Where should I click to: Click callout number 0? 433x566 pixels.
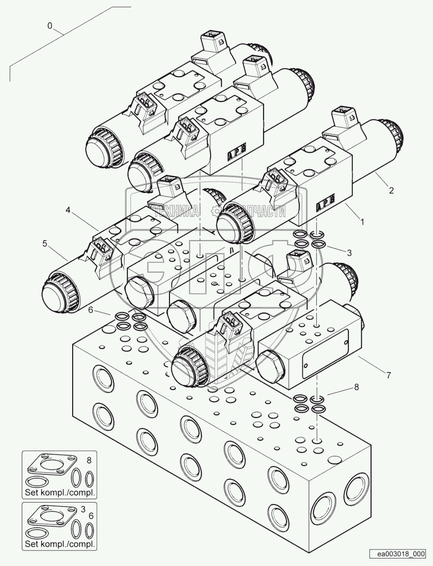tap(50, 26)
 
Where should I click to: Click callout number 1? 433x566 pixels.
tap(362, 221)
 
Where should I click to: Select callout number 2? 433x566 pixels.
tap(391, 191)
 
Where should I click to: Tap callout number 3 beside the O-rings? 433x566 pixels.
tap(348, 253)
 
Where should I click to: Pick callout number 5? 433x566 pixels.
tap(44, 244)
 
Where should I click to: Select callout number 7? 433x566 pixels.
tap(388, 375)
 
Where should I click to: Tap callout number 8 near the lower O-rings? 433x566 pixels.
tap(356, 387)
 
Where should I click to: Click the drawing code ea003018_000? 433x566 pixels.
tap(399, 554)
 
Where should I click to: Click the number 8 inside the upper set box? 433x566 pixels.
tap(90, 459)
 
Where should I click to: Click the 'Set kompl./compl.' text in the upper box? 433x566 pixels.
tap(59, 493)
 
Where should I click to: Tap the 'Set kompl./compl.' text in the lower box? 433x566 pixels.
tap(59, 544)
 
